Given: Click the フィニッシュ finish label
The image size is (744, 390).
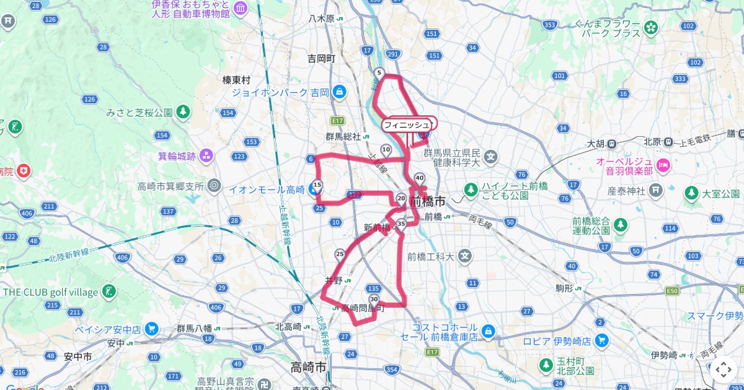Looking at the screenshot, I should pos(406,125).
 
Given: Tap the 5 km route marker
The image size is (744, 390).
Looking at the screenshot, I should pos(379,73).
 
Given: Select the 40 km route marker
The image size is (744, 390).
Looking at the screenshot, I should pos(420,178).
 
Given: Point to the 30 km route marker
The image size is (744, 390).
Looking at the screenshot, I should pos(373,299).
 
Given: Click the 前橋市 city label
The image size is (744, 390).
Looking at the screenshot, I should pos(427,202).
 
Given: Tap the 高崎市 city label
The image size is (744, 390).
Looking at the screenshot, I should pos(308,366).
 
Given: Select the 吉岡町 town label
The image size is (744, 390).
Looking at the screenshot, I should pos(321,59).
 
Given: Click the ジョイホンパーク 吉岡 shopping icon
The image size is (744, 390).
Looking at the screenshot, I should pos(339,92).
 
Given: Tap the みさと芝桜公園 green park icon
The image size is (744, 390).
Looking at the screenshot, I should pos(183,112).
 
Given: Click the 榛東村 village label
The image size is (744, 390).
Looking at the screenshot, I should pos(236,80).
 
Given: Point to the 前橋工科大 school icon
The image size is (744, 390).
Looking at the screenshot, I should pos(466,256).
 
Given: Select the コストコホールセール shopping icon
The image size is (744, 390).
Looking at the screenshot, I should pos(488,332).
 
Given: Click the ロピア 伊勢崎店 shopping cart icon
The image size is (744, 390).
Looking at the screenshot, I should pos(601,340).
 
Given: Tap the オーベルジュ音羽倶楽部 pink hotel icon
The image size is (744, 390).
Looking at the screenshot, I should pos(663,165).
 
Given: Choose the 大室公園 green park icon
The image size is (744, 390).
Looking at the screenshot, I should pos(691,194).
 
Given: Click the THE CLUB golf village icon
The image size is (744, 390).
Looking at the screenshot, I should pos(109,292).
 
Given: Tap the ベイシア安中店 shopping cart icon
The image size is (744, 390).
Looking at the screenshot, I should pos(151,329).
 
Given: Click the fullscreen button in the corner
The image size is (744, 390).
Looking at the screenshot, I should pos(723,370).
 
